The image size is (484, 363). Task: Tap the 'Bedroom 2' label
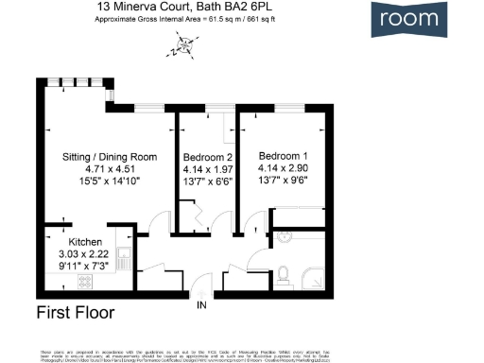pyautogui.click(x=207, y=157)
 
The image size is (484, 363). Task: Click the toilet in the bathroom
pyautogui.click(x=285, y=276)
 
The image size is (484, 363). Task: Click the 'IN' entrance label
pyautogui.click(x=200, y=305)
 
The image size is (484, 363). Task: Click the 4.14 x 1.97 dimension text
pyautogui.click(x=207, y=170)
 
